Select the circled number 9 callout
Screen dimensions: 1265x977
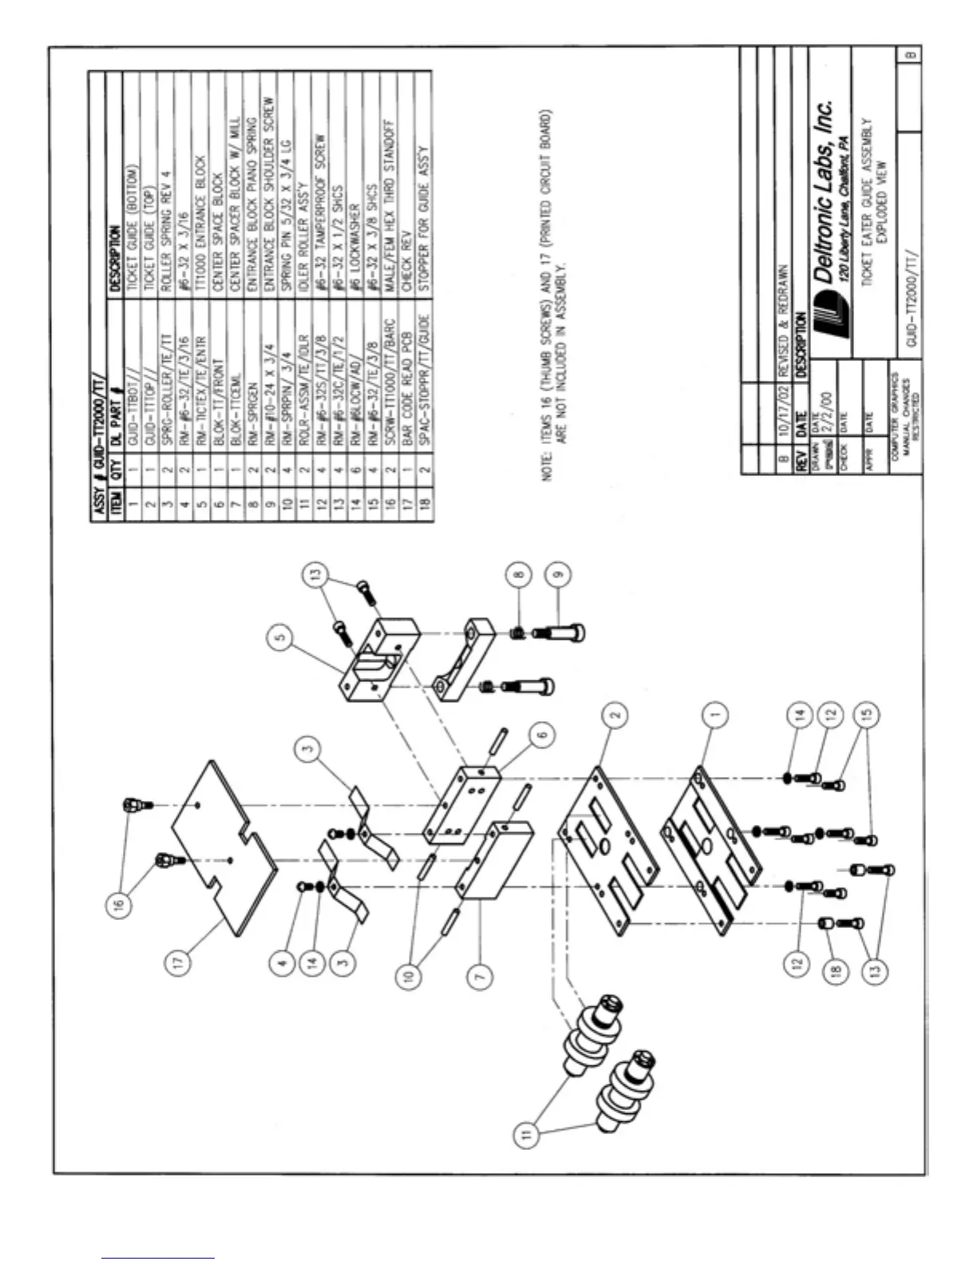[x=558, y=572]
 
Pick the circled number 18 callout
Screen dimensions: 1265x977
[x=836, y=974]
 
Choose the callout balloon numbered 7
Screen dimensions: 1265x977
[x=479, y=975]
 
